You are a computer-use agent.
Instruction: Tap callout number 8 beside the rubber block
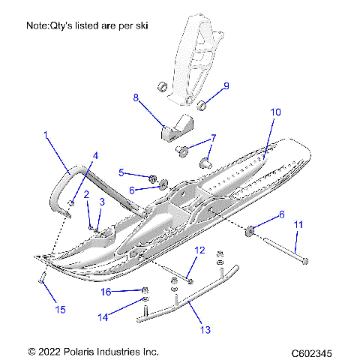136,97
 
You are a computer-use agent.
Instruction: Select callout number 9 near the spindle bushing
226,85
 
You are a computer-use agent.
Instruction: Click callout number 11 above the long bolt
298,224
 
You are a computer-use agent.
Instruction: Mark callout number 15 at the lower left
41,307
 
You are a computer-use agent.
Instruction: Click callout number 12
199,250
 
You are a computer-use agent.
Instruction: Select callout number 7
213,138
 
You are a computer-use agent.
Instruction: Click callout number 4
94,155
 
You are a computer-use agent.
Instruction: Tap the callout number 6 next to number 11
281,214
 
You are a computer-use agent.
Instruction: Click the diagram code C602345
313,351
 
